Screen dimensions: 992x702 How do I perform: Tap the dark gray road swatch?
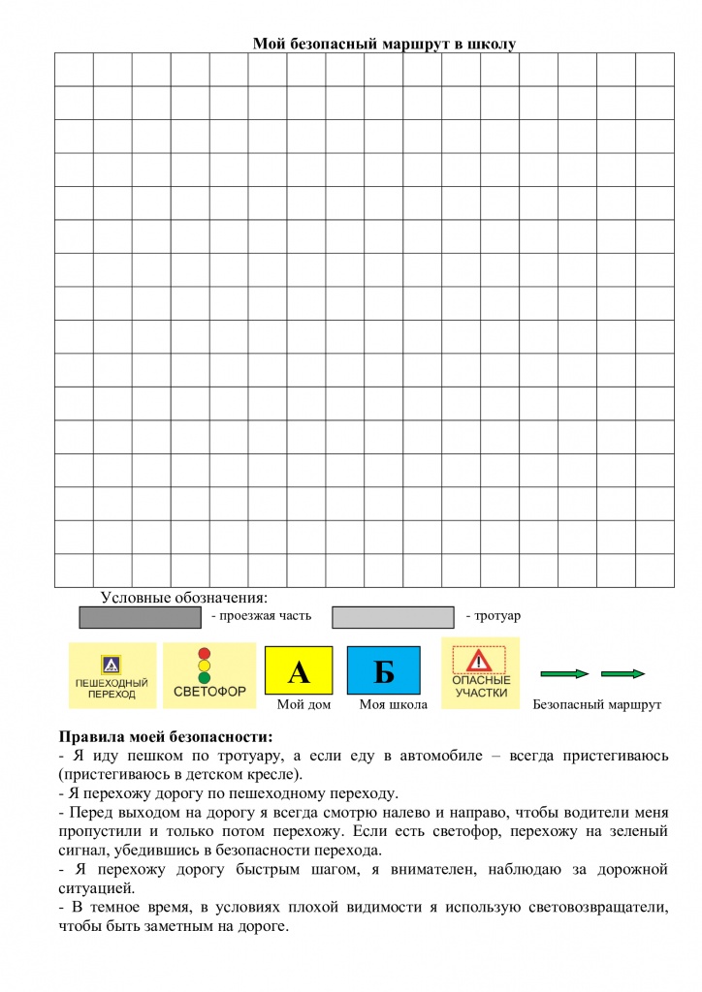coord(140,617)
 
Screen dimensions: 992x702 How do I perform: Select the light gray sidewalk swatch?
coord(393,617)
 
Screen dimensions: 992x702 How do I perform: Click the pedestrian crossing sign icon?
coord(111,665)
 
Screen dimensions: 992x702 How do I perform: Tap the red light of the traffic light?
coord(204,653)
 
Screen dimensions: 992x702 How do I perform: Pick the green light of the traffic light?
coord(204,678)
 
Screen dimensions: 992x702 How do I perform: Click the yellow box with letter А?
coord(299,670)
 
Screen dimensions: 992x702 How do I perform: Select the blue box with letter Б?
coord(384,670)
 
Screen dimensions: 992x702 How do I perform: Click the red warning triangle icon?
coord(480,662)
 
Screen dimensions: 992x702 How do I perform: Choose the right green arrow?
coord(623,673)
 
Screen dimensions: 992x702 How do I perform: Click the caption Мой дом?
coord(303,705)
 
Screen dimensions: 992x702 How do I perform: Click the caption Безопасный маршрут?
coord(596,705)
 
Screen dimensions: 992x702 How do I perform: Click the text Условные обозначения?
coord(183,597)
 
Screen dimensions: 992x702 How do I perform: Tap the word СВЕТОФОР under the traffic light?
coord(209,692)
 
